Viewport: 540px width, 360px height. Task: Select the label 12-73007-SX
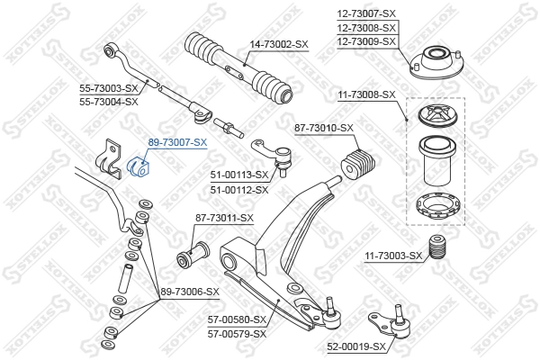(x=366, y=13)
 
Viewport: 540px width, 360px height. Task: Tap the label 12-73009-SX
(x=366, y=41)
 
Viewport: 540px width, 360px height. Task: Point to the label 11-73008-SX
(x=366, y=94)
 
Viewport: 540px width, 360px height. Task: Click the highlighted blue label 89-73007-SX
(x=177, y=142)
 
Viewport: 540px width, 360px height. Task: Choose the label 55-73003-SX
(x=107, y=88)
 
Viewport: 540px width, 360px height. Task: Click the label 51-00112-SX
(x=238, y=190)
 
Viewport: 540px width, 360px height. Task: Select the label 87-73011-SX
(x=224, y=218)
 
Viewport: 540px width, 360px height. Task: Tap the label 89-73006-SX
(x=190, y=292)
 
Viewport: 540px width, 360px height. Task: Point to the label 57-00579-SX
(x=238, y=333)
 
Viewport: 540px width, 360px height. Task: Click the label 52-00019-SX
(x=355, y=346)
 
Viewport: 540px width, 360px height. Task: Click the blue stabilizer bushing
(x=140, y=166)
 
